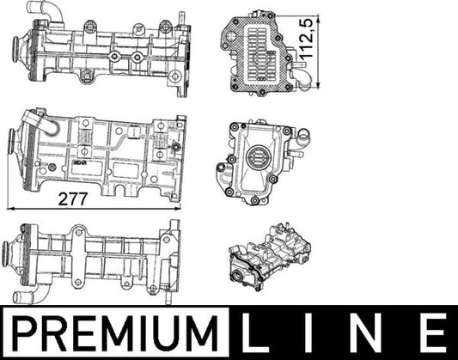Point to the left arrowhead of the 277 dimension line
9,208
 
